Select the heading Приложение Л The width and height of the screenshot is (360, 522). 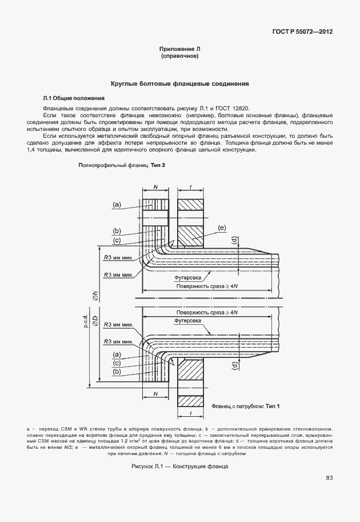(x=179, y=50)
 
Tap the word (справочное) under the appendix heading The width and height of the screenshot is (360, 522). (x=179, y=57)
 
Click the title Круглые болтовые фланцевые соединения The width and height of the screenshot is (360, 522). (x=179, y=83)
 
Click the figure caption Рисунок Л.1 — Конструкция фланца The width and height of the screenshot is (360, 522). (x=179, y=467)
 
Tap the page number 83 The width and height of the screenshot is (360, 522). (x=329, y=478)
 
